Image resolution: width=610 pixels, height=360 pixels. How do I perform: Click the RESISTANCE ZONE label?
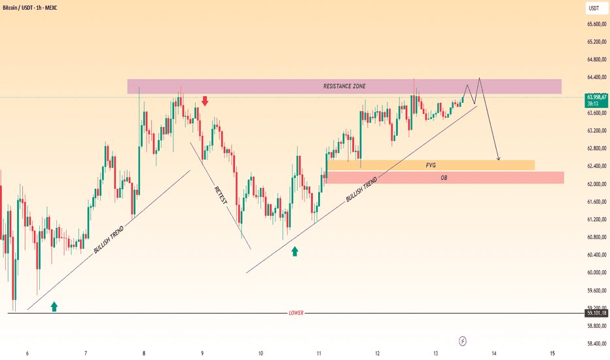pyautogui.click(x=344, y=86)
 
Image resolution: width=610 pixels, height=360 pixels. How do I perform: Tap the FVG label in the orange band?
pyautogui.click(x=431, y=166)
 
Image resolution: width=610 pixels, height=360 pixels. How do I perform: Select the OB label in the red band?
pyautogui.click(x=444, y=178)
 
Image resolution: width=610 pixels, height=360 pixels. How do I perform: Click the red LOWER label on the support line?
pyautogui.click(x=296, y=313)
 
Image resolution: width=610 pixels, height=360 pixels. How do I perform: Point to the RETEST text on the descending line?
pyautogui.click(x=221, y=195)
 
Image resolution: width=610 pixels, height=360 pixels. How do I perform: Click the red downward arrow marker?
pyautogui.click(x=205, y=101)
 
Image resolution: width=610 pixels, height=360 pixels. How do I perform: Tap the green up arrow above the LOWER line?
pyautogui.click(x=54, y=307)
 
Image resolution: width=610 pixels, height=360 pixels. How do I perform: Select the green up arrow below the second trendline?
pyautogui.click(x=295, y=251)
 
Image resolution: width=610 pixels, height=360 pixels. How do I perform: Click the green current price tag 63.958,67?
pyautogui.click(x=596, y=100)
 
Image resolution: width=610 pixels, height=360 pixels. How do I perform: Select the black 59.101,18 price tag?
pyautogui.click(x=596, y=313)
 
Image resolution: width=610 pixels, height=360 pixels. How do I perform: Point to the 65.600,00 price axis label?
pyautogui.click(x=597, y=24)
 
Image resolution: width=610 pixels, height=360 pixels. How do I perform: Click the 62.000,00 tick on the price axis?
pyautogui.click(x=597, y=184)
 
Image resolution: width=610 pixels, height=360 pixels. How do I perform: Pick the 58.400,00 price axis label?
pyautogui.click(x=597, y=344)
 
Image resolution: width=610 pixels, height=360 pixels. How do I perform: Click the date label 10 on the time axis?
pyautogui.click(x=260, y=353)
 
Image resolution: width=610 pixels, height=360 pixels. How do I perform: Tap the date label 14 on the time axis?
pyautogui.click(x=494, y=353)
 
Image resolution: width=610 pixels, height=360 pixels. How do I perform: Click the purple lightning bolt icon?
pyautogui.click(x=463, y=341)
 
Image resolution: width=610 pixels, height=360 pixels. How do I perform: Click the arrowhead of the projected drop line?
pyautogui.click(x=499, y=159)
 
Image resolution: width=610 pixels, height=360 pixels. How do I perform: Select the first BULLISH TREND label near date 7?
pyautogui.click(x=109, y=240)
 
